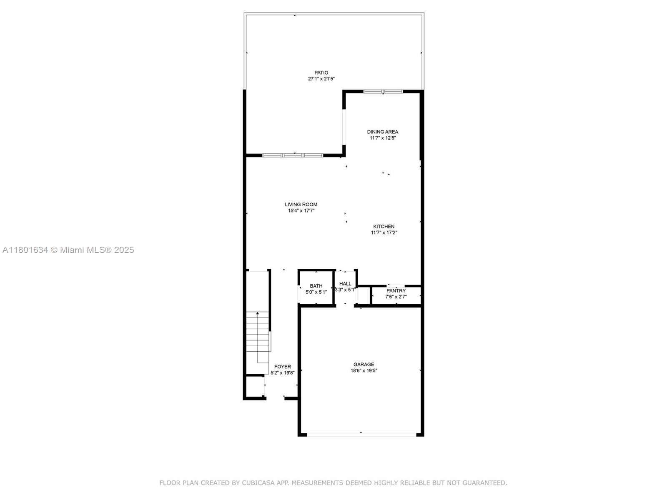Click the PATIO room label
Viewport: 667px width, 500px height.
click(x=321, y=72)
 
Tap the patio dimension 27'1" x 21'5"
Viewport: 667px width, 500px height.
click(x=321, y=79)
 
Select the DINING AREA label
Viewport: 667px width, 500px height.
click(x=382, y=132)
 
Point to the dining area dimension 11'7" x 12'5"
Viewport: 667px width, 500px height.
click(x=382, y=138)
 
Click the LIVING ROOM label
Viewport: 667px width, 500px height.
click(x=301, y=205)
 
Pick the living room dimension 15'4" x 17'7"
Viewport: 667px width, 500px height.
click(x=301, y=211)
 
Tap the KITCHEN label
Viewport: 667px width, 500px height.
click(x=384, y=227)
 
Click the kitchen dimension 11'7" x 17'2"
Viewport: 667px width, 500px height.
click(x=384, y=233)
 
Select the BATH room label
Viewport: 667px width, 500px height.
click(x=316, y=286)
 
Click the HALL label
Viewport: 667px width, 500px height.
click(x=345, y=284)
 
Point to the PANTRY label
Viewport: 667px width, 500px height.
click(x=396, y=291)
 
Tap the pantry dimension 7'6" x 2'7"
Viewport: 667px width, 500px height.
click(x=396, y=297)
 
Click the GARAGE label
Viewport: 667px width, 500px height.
click(x=364, y=365)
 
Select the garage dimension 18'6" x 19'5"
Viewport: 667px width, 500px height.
click(x=364, y=370)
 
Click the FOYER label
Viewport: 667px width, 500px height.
click(x=282, y=367)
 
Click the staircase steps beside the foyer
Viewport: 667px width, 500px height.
click(x=258, y=337)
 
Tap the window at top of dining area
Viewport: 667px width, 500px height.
click(x=383, y=91)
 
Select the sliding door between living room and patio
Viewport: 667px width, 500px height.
click(x=293, y=155)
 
